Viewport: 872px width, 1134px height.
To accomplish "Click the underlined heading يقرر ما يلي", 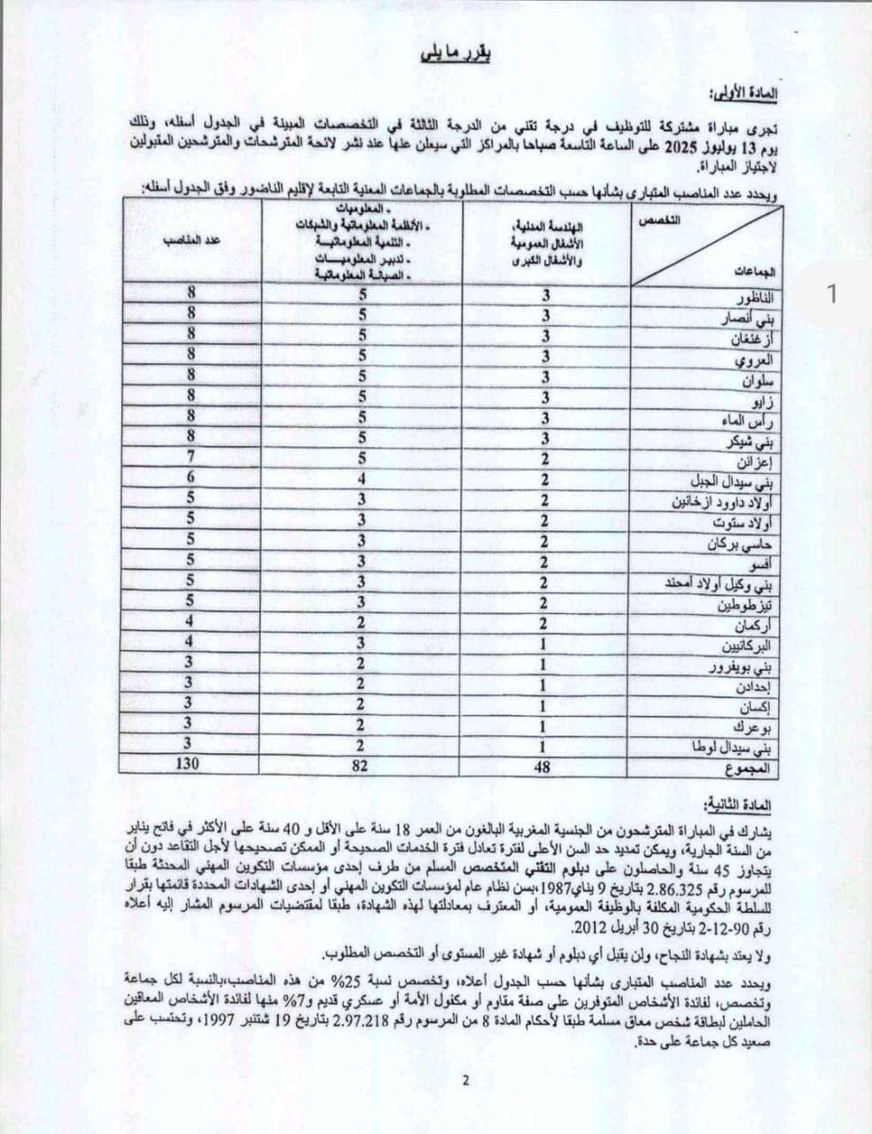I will pos(455,56).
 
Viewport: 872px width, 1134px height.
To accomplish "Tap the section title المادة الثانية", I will pos(743,804).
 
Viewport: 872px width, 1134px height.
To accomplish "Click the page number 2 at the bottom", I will pos(465,1079).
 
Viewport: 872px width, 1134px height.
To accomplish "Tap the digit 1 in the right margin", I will pos(831,294).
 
